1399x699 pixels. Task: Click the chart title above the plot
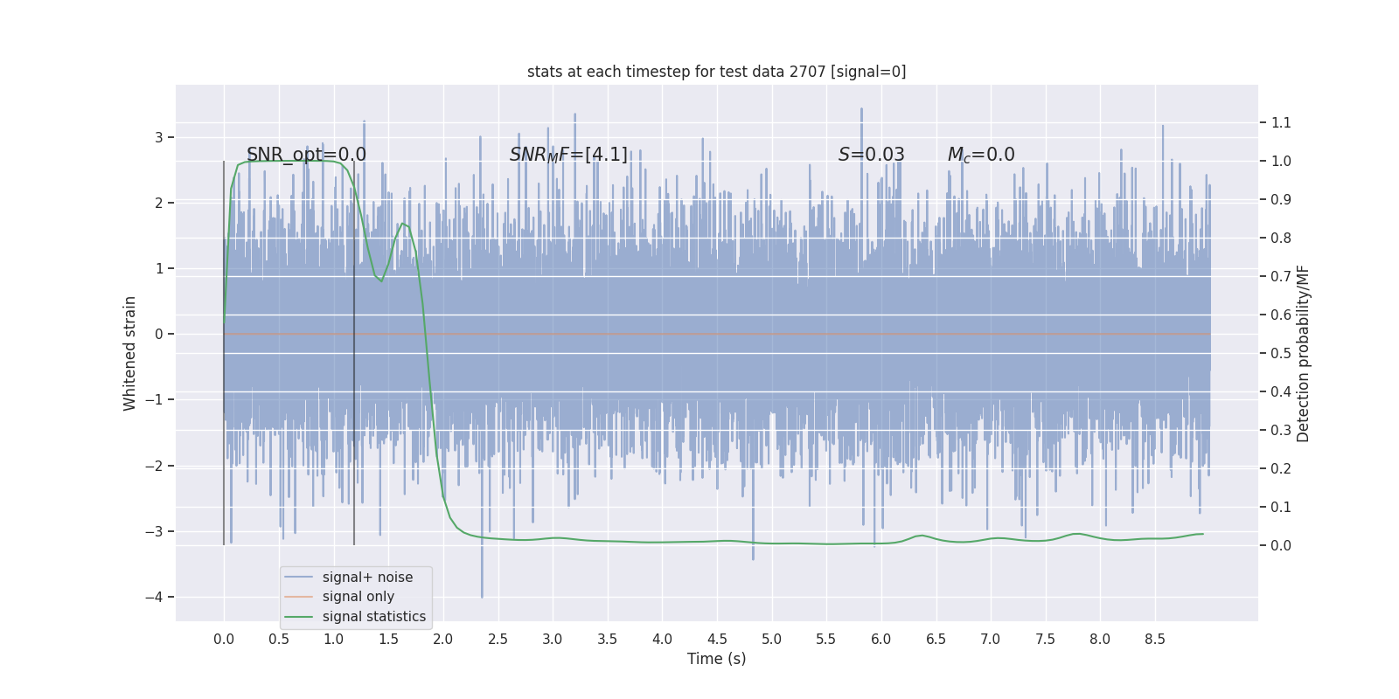pyautogui.click(x=716, y=72)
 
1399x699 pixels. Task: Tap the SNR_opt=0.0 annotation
pyautogui.click(x=306, y=155)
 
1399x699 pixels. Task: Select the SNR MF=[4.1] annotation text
pyautogui.click(x=568, y=155)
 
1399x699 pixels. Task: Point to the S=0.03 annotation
pyautogui.click(x=871, y=155)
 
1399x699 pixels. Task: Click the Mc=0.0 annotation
pyautogui.click(x=981, y=155)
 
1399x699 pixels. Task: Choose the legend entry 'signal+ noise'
pyautogui.click(x=367, y=578)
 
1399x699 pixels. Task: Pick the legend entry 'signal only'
pyautogui.click(x=358, y=597)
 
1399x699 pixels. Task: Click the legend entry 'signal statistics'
pyautogui.click(x=373, y=617)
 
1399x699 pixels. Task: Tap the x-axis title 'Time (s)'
pyautogui.click(x=716, y=659)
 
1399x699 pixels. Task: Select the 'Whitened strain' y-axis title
pyautogui.click(x=130, y=353)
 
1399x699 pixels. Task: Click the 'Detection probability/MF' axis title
pyautogui.click(x=1303, y=353)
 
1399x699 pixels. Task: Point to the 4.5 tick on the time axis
pyautogui.click(x=717, y=639)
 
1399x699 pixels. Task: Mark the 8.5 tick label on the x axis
pyautogui.click(x=1154, y=639)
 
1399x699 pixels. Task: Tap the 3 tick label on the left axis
pyautogui.click(x=159, y=137)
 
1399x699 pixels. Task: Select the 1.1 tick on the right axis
pyautogui.click(x=1281, y=122)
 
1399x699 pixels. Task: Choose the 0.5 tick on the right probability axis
pyautogui.click(x=1281, y=353)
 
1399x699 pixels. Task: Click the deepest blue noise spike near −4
pyautogui.click(x=482, y=595)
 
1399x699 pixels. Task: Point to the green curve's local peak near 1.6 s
pyautogui.click(x=403, y=224)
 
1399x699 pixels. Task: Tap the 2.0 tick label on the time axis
pyautogui.click(x=443, y=639)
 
